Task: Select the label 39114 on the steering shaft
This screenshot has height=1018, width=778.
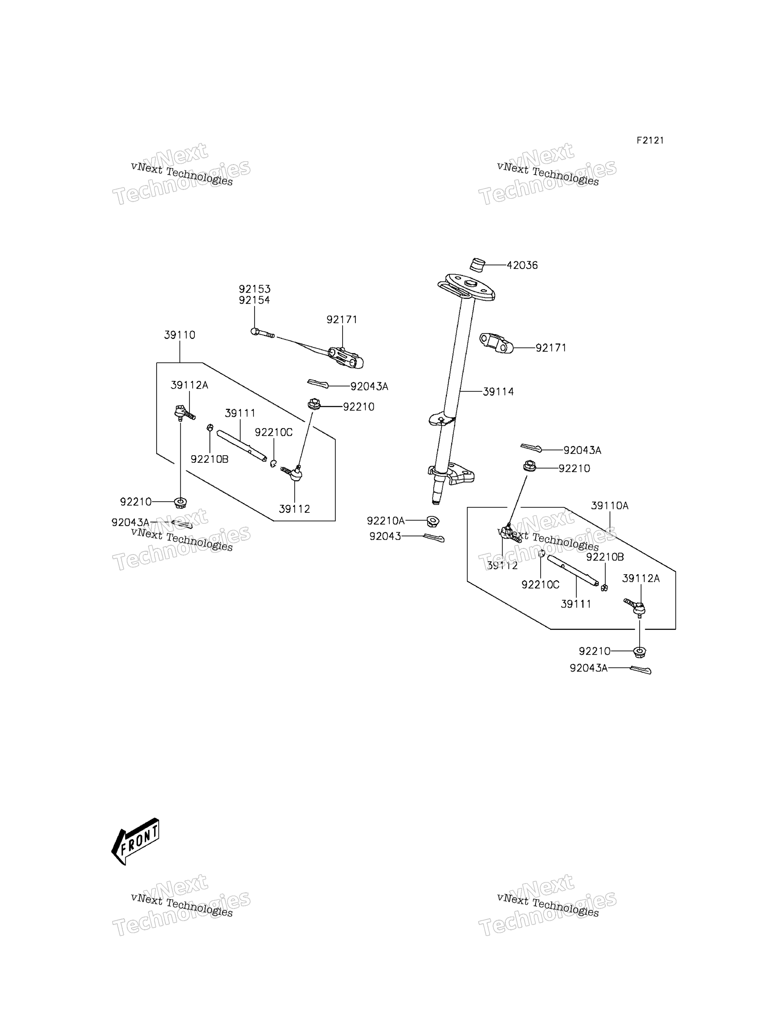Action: click(498, 392)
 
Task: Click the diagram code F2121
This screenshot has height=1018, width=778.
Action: click(650, 140)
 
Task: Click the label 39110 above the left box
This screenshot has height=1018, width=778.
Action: click(180, 335)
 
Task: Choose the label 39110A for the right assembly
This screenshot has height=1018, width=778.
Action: click(609, 506)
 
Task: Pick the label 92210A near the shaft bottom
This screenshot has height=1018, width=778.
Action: click(386, 521)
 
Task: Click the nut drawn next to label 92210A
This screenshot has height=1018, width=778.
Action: click(433, 522)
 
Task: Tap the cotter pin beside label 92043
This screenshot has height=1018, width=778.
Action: click(434, 538)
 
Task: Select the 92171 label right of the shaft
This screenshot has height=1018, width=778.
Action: click(551, 348)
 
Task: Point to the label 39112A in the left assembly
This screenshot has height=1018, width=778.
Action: click(190, 385)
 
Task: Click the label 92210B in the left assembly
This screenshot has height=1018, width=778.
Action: click(210, 459)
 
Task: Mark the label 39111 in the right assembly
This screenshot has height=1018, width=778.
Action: click(576, 604)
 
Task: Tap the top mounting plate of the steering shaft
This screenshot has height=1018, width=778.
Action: click(466, 287)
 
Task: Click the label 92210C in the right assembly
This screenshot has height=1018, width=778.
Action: click(541, 585)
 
